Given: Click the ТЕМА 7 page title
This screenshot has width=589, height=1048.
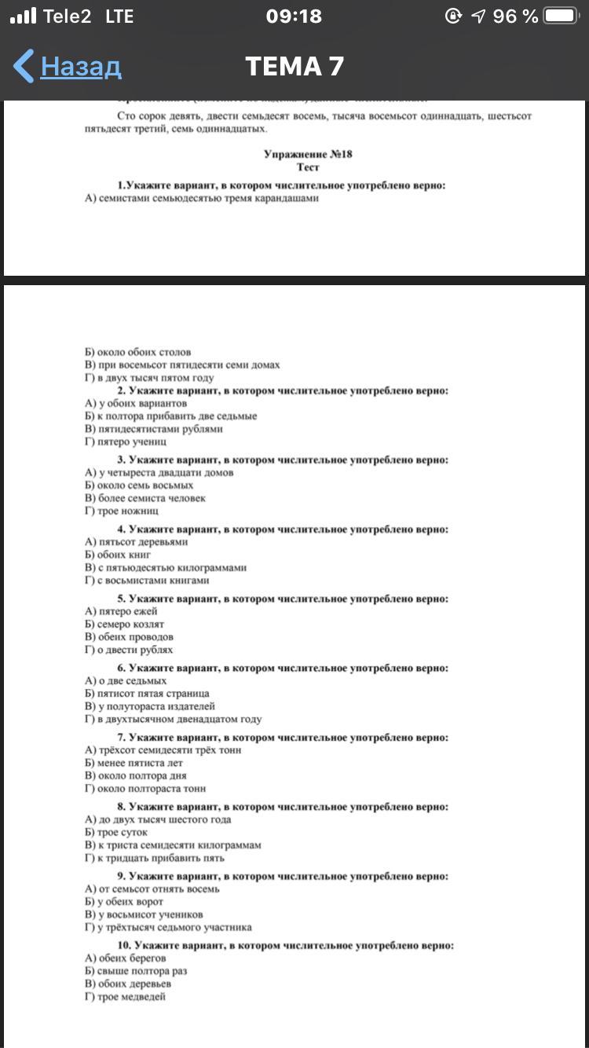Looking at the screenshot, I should (x=294, y=67).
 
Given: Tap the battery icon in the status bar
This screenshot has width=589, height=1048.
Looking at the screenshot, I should (x=561, y=16).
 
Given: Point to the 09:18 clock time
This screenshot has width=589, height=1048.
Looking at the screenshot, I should (x=294, y=16).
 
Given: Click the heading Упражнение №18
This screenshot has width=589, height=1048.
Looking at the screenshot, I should (x=308, y=154).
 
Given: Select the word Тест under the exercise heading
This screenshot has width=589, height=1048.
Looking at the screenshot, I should (x=308, y=167).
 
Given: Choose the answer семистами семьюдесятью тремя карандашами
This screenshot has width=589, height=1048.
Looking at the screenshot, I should (x=202, y=198).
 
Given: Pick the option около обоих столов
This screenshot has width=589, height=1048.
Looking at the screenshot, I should (x=137, y=352).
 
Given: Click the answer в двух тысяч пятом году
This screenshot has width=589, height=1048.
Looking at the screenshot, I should (x=149, y=378).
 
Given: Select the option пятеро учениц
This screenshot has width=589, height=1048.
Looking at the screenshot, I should (x=125, y=442).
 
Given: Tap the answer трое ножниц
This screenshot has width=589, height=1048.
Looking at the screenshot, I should (x=122, y=511).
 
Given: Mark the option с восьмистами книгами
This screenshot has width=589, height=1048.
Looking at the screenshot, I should (x=147, y=581).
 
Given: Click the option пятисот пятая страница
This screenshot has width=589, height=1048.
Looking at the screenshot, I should (x=147, y=694).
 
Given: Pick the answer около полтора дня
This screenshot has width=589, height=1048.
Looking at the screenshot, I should (x=135, y=775).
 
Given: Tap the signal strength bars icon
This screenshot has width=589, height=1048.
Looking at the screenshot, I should (x=23, y=16).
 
